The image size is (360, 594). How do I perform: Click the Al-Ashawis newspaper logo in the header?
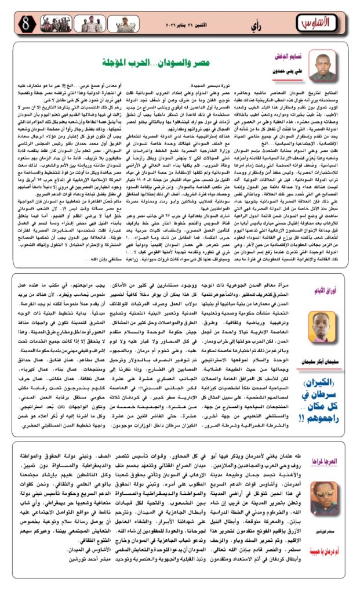click(x=319, y=23)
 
